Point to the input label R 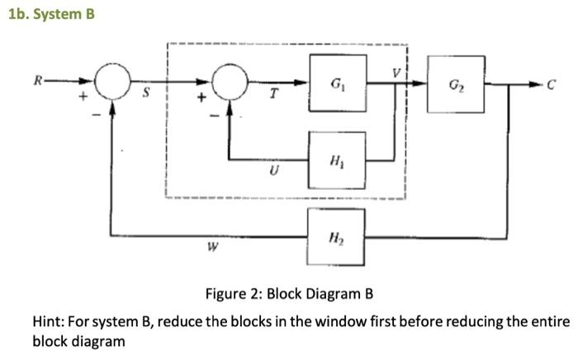36,81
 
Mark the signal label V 397,73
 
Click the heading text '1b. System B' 48,14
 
